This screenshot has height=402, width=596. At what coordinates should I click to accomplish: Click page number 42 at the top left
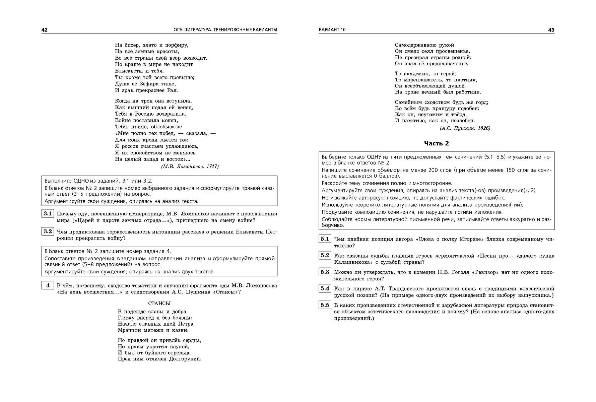45,30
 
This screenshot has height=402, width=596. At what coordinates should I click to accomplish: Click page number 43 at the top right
551,30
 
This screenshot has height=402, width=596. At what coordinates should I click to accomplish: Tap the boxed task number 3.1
48,213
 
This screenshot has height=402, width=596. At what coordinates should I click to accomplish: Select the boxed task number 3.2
48,231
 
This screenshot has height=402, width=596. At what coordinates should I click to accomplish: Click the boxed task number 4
48,285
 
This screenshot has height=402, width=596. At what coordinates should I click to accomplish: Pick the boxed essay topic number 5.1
325,239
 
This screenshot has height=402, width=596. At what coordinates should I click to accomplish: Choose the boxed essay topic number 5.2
325,255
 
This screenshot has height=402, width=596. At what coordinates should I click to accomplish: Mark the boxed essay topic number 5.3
325,272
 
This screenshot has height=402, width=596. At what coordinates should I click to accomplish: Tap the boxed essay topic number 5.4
325,288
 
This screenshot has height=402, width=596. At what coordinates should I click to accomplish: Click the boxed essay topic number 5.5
325,305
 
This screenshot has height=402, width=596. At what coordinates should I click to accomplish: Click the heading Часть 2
437,143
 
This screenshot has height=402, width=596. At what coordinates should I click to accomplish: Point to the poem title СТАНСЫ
159,304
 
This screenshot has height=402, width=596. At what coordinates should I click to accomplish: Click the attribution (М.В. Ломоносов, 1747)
190,166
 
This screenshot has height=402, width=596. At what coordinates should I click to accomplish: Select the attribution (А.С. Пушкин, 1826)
465,128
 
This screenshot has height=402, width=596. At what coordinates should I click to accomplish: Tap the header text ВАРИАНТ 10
332,30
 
